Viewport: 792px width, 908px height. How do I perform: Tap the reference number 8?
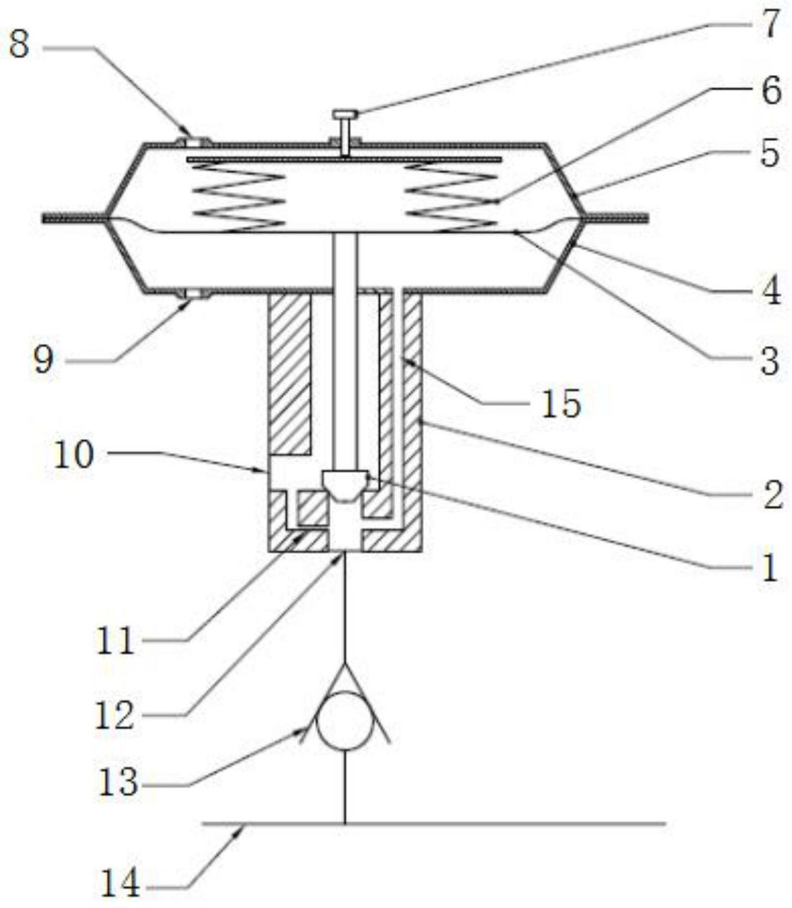19,45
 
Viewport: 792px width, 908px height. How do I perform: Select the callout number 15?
561,405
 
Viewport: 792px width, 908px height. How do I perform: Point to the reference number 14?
120,883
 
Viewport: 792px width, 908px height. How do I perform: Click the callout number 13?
118,783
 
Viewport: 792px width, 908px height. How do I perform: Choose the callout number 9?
43,360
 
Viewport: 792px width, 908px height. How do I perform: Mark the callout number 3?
769,361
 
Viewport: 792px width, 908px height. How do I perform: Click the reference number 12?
115,715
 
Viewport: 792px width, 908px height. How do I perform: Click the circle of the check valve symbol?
345,720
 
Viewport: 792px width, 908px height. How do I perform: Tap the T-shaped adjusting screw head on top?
346,115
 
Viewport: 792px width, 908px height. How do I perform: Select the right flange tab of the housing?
615,218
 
